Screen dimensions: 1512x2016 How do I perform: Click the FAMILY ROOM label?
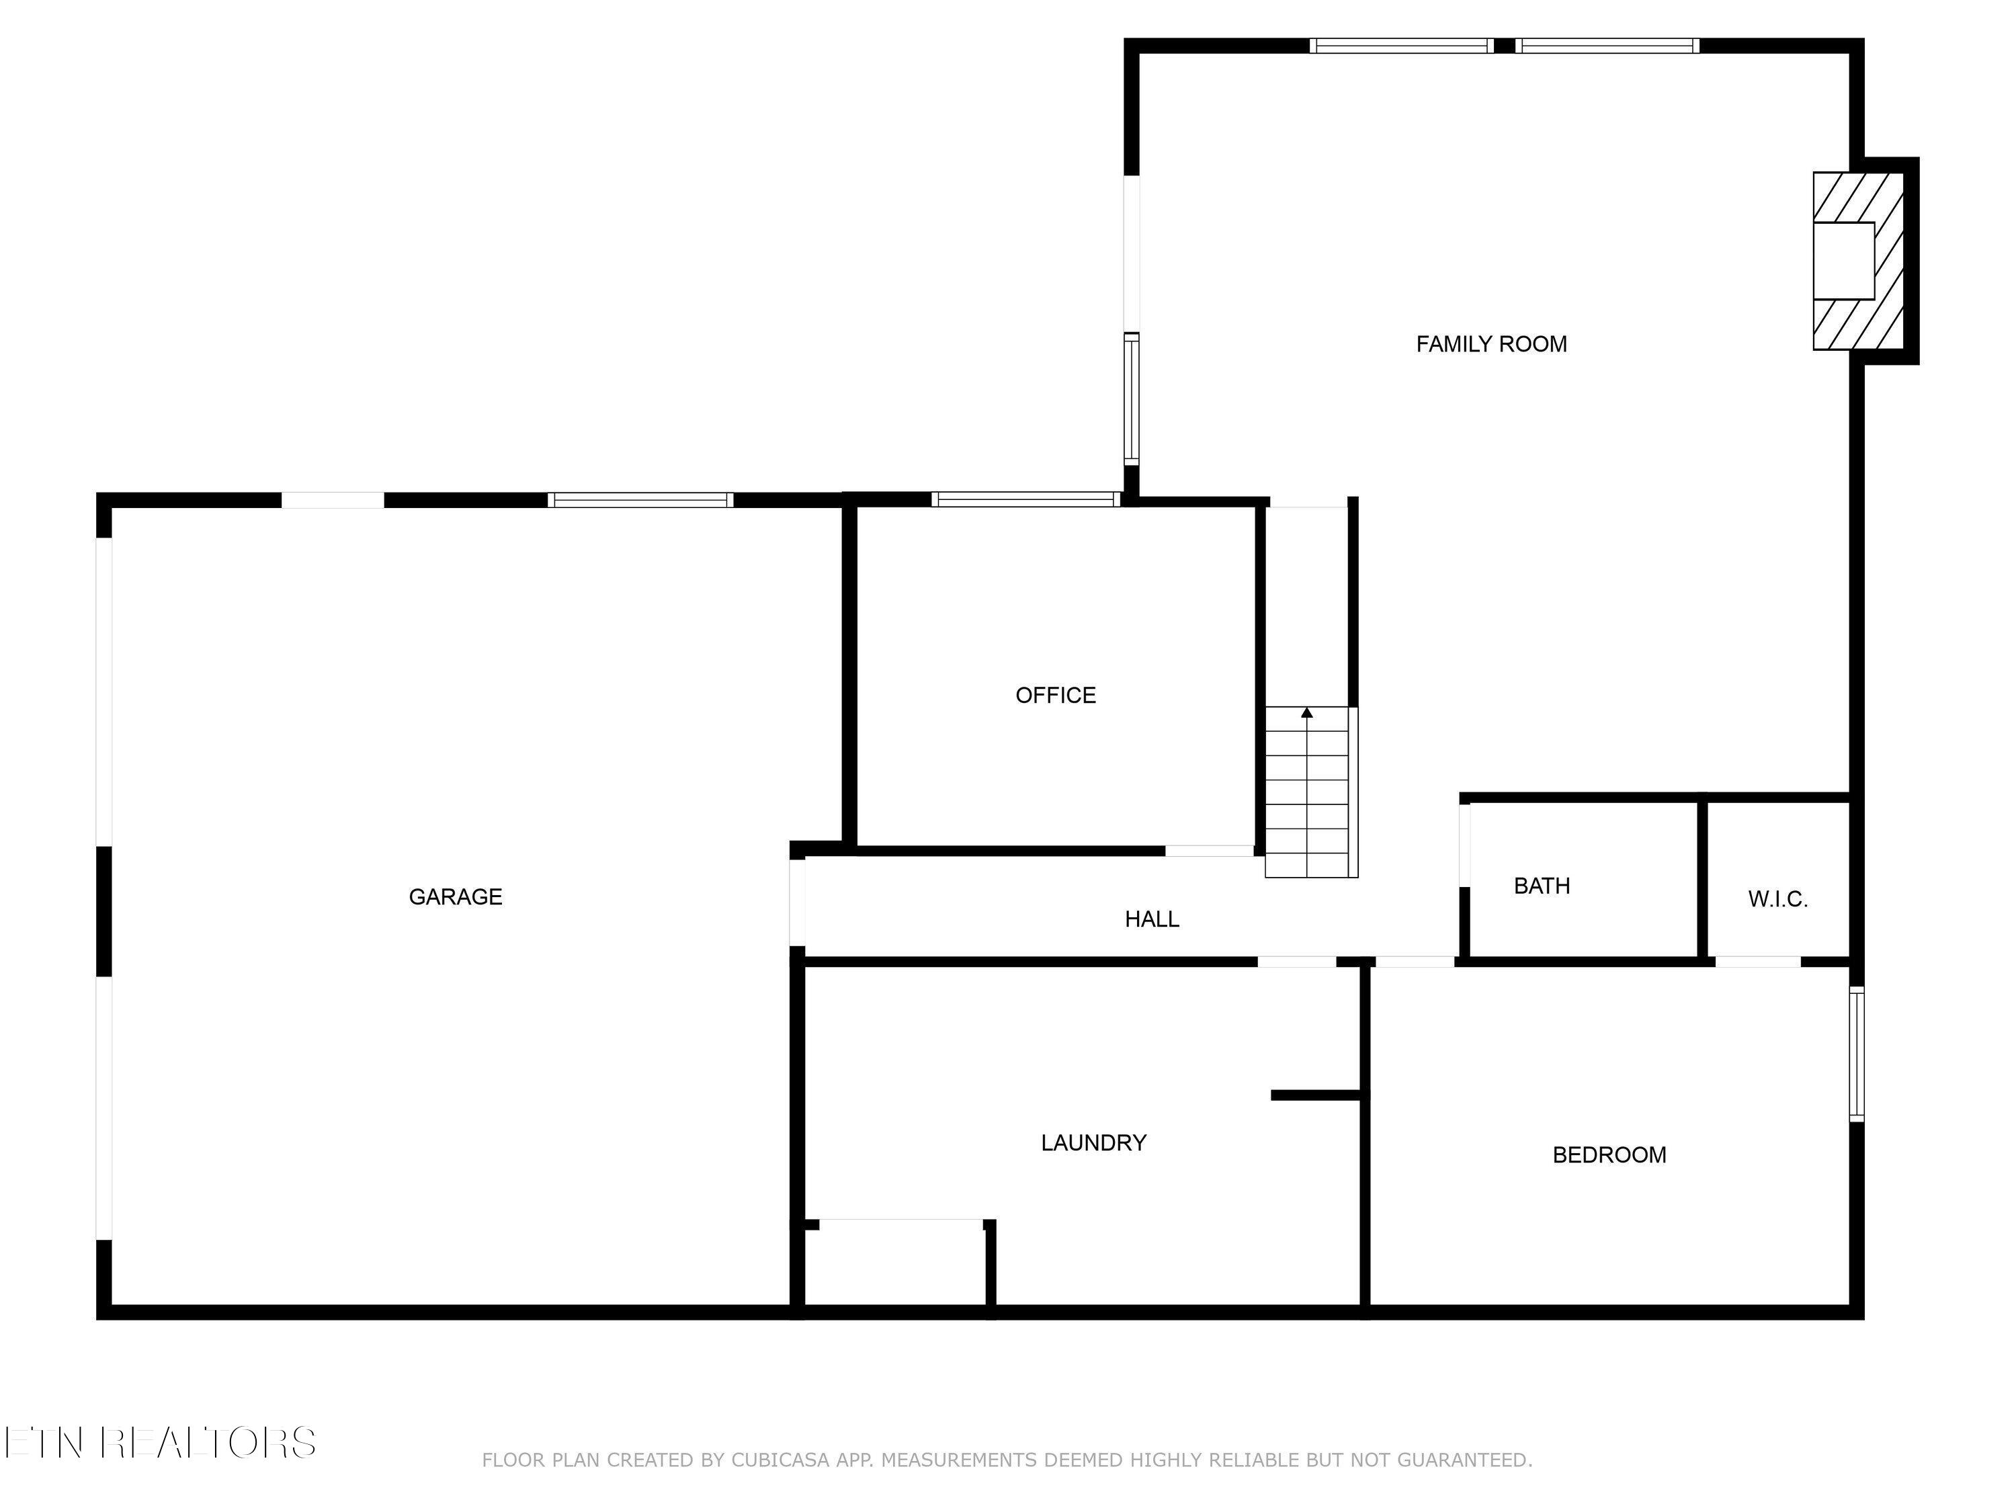pos(1491,345)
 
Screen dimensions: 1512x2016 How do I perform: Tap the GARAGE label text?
pos(455,897)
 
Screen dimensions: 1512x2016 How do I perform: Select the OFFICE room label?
pos(1056,696)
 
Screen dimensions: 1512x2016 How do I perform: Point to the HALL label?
pos(1151,919)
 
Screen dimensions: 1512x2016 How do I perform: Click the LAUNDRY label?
pos(1093,1143)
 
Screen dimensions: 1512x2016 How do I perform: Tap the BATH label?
pos(1541,886)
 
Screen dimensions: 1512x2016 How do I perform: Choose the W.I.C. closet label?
pos(1777,900)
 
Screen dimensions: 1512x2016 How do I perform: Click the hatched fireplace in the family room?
pos(1857,261)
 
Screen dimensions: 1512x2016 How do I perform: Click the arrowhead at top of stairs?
pos(1307,713)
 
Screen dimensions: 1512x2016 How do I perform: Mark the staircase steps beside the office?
pos(1307,802)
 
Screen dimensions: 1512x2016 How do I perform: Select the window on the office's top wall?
pos(1025,499)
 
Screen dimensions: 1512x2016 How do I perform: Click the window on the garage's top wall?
pos(640,499)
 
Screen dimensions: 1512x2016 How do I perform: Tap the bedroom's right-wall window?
pos(1857,1054)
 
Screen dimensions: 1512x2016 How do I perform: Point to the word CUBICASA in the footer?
pos(780,1460)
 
